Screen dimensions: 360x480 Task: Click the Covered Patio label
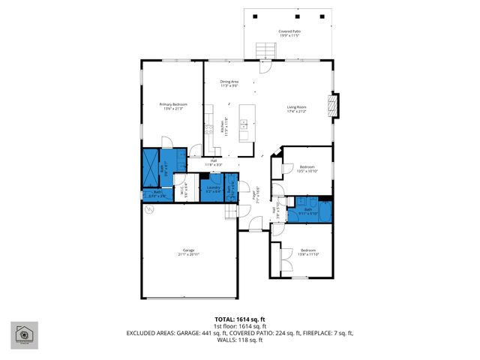[x=289, y=33]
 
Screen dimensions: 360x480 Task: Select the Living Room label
[x=297, y=109]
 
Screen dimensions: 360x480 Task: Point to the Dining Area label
[x=229, y=83]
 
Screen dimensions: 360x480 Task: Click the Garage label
[x=188, y=252]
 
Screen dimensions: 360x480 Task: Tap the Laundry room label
[x=212, y=189]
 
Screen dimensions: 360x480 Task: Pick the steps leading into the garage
[x=230, y=212]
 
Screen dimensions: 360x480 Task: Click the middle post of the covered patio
[x=289, y=16]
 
